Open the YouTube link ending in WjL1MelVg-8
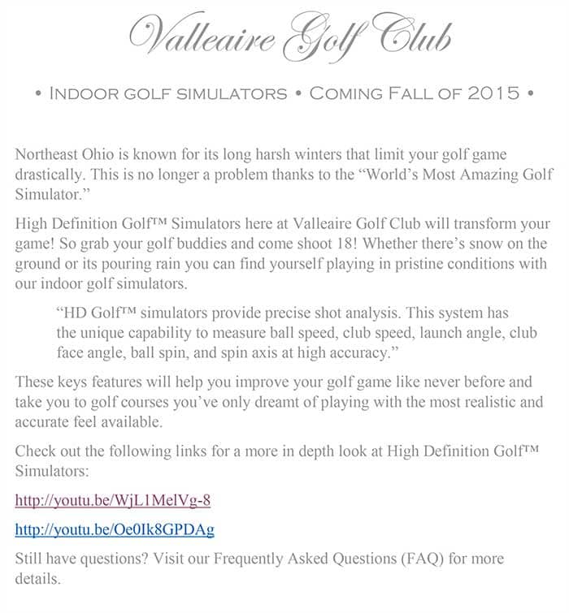(x=113, y=499)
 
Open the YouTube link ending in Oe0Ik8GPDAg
(x=115, y=529)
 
